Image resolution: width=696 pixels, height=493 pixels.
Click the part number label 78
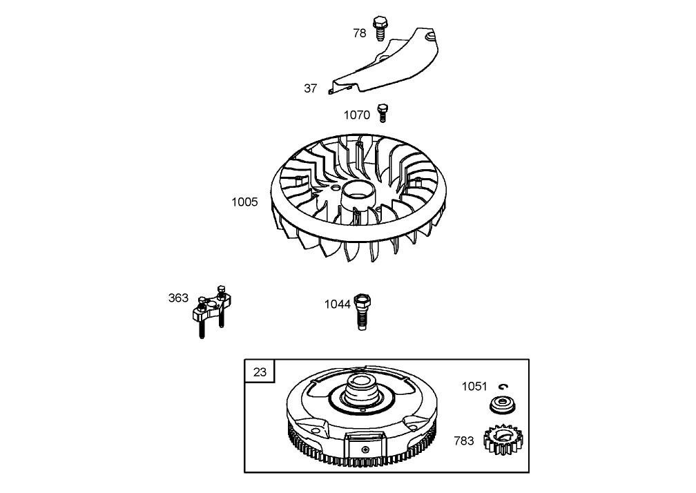[x=360, y=33]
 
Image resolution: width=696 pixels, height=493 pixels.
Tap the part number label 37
[x=311, y=88]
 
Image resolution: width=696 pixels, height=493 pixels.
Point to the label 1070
[x=357, y=115]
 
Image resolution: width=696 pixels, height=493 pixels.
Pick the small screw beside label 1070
[x=383, y=112]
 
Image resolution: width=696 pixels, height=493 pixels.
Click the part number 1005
[x=245, y=202]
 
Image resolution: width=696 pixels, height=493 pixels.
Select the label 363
[x=178, y=298]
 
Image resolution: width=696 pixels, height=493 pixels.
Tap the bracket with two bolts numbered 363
[x=211, y=307]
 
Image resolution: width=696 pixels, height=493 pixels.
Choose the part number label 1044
[x=338, y=304]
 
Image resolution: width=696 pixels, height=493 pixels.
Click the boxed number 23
[x=260, y=372]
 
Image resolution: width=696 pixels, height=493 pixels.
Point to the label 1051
[x=474, y=387]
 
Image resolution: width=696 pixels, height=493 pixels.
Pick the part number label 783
[x=464, y=441]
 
